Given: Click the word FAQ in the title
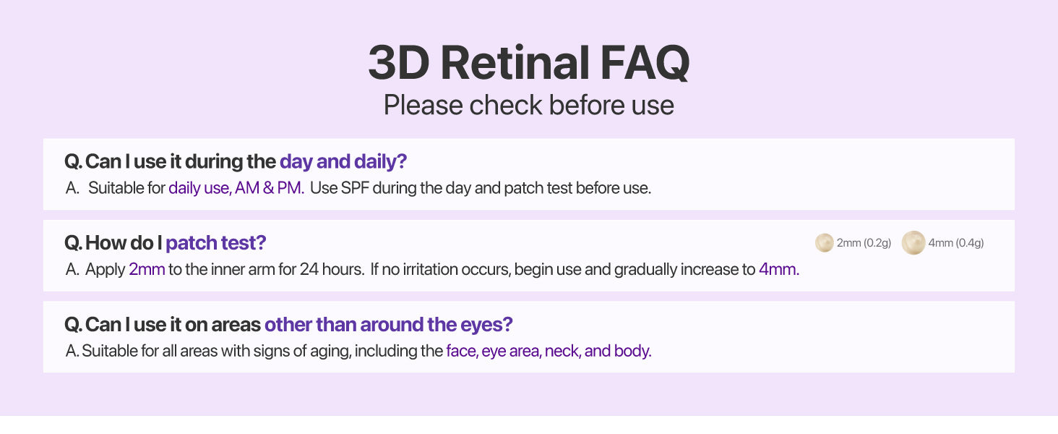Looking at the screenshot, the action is click(x=645, y=63).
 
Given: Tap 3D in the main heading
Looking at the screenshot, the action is click(x=399, y=63).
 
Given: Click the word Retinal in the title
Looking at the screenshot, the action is click(x=515, y=63).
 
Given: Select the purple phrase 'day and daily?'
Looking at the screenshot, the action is click(x=343, y=162).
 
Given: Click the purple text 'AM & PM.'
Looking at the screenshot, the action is click(x=270, y=188).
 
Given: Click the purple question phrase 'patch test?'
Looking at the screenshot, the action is click(x=216, y=243).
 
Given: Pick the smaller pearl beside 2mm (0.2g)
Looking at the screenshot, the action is click(x=824, y=243).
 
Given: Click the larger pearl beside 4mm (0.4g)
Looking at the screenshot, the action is click(x=913, y=242).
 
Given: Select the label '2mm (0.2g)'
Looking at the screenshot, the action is click(x=864, y=243).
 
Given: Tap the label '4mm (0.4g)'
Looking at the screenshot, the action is click(x=956, y=243).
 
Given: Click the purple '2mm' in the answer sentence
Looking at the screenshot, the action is click(x=147, y=270).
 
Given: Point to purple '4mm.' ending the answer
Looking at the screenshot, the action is click(x=779, y=270).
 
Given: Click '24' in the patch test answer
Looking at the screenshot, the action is click(x=309, y=270).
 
